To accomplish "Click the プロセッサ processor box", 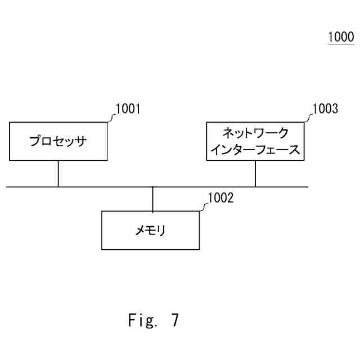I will (x=58, y=141).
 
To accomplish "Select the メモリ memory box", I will (x=150, y=230).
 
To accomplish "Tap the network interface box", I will (x=255, y=141).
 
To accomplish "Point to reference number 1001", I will (x=127, y=109).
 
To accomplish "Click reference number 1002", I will (x=220, y=197).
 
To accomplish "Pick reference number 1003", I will (x=326, y=109).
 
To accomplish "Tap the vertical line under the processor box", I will (x=58, y=174).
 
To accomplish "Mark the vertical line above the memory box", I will (x=153, y=199).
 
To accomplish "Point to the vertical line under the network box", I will (x=255, y=174).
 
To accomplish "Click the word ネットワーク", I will (x=255, y=133).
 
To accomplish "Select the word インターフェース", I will (x=255, y=150).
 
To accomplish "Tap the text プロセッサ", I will (x=58, y=141).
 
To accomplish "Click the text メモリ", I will (x=150, y=230).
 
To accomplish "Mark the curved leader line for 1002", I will (x=204, y=206).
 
